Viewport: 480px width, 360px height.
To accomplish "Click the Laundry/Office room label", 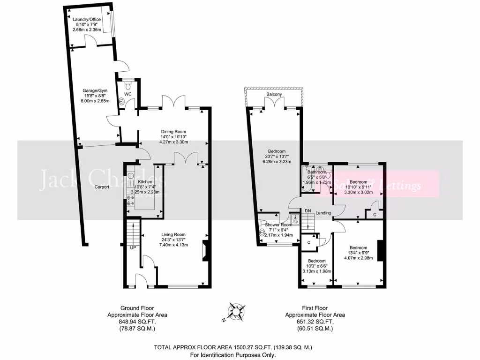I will pyautogui.click(x=88, y=19).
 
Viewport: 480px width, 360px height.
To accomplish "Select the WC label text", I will pyautogui.click(x=127, y=94).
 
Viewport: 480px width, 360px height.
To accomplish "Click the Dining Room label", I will pyautogui.click(x=174, y=132).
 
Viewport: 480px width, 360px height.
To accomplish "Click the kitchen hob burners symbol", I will pyautogui.click(x=130, y=201).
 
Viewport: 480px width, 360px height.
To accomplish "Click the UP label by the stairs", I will pyautogui.click(x=133, y=247).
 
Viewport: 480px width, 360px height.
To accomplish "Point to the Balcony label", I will pyautogui.click(x=274, y=95).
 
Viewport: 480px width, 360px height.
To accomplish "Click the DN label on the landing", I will pyautogui.click(x=308, y=211).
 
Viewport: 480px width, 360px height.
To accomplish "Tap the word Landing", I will pyautogui.click(x=323, y=213).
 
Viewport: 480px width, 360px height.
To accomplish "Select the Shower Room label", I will pyautogui.click(x=278, y=225).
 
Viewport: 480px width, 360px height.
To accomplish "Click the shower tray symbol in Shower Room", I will pyautogui.click(x=295, y=218).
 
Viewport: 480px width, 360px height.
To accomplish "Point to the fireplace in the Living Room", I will pyautogui.click(x=204, y=250).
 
